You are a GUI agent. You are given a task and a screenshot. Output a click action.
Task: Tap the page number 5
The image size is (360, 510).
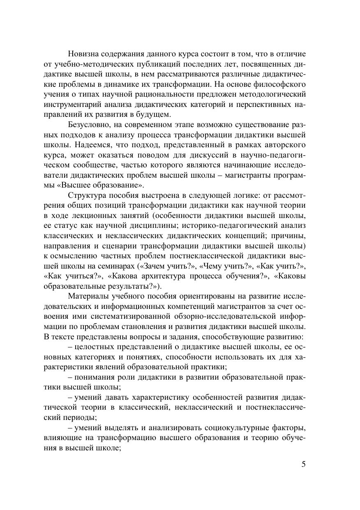coord(304,465)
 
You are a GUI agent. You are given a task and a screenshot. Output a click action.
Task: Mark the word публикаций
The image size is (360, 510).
coord(165,64)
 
